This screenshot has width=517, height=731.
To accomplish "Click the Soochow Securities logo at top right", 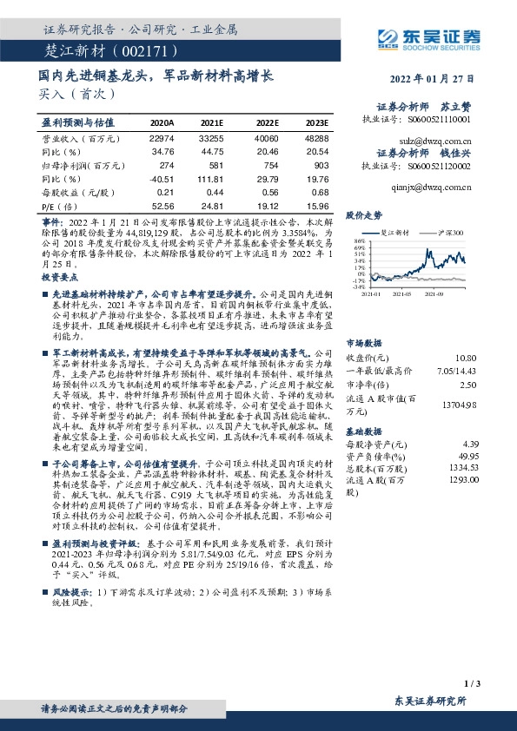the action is point(431,38).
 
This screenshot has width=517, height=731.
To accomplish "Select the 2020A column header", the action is point(162,124).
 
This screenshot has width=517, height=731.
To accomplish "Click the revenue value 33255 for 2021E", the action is point(214,138).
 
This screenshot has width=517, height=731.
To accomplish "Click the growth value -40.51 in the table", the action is point(162,179).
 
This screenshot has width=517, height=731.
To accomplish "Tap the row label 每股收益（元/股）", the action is point(75,193).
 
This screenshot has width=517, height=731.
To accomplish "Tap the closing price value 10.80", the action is point(467,359).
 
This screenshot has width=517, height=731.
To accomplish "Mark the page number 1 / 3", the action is point(473,684).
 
